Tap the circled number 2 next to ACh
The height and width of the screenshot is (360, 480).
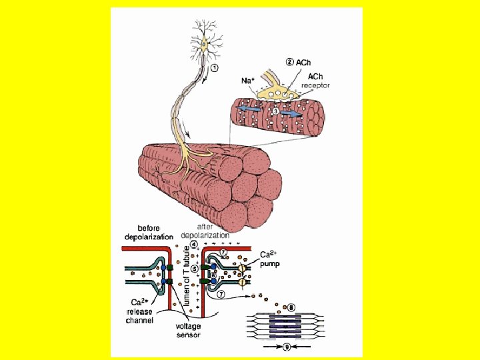click(289, 62)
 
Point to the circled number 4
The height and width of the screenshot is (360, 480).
click(193, 244)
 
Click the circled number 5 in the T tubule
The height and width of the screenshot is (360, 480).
click(194, 269)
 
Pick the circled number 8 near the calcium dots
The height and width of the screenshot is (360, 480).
click(291, 307)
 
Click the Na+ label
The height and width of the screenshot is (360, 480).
click(248, 80)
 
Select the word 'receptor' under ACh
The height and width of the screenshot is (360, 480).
click(315, 85)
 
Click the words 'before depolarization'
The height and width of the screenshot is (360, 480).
click(149, 232)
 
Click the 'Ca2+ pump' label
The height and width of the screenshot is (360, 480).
click(269, 259)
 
